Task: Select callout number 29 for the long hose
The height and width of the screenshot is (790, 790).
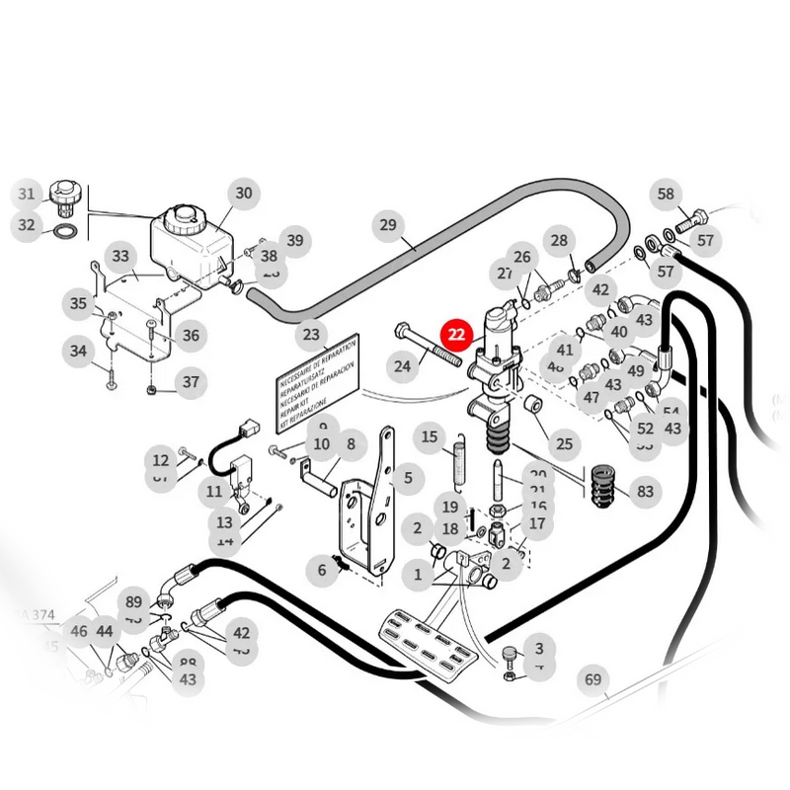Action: pos(388,226)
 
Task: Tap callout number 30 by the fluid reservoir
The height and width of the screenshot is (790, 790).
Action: pos(243,194)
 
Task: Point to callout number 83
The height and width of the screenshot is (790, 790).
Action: pos(645,491)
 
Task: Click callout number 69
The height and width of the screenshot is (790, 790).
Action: pos(592,679)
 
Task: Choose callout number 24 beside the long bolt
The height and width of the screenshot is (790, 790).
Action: pos(402,367)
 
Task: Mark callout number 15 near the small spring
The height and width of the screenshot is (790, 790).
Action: pos(430,436)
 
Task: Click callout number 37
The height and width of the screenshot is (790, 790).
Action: pos(191,382)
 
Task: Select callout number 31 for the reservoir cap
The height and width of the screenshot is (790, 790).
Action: pos(27,194)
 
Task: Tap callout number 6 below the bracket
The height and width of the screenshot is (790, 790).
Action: pos(321,569)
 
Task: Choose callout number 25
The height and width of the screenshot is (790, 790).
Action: pos(564,443)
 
